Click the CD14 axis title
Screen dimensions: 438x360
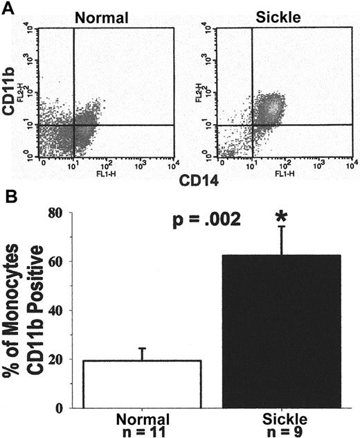(x=197, y=182)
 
